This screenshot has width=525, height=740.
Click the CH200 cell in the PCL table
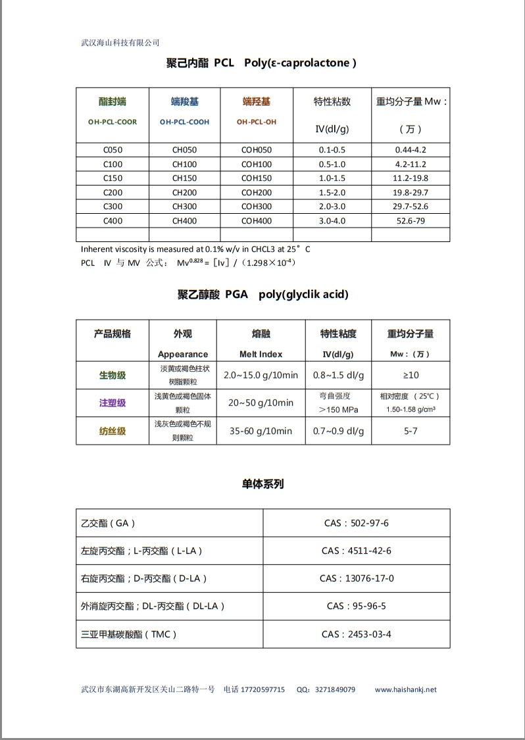pyautogui.click(x=184, y=193)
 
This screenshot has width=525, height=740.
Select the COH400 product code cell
pyautogui.click(x=256, y=222)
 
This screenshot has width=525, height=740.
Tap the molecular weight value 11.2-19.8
pyautogui.click(x=411, y=178)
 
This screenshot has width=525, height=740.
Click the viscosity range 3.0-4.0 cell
pyautogui.click(x=332, y=222)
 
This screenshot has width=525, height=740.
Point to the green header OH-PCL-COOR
pyautogui.click(x=113, y=122)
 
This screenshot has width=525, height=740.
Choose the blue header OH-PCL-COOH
pyautogui.click(x=184, y=122)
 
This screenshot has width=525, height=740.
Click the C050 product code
pyautogui.click(x=113, y=150)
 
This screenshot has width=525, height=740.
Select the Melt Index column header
pyautogui.click(x=261, y=354)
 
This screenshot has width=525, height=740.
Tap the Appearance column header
pyautogui.click(x=182, y=354)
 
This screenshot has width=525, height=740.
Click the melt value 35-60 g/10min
pyautogui.click(x=261, y=431)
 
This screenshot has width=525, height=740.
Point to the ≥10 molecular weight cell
pyautogui.click(x=411, y=375)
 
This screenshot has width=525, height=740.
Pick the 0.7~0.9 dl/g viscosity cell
pyautogui.click(x=338, y=431)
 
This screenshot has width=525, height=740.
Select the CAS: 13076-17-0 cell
pyautogui.click(x=357, y=579)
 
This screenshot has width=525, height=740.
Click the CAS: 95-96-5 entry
pyautogui.click(x=356, y=606)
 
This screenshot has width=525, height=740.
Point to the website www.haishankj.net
pyautogui.click(x=405, y=690)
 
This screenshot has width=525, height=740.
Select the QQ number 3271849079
pyautogui.click(x=335, y=690)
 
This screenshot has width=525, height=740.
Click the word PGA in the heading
pyautogui.click(x=236, y=295)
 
